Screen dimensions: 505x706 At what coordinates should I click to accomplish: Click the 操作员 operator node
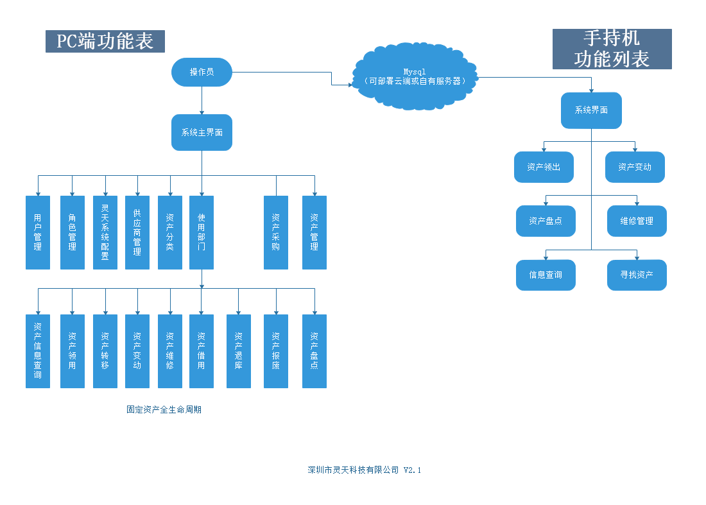click(202, 72)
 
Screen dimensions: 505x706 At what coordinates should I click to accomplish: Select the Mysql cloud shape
click(415, 76)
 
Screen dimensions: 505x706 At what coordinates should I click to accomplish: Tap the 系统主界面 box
click(202, 133)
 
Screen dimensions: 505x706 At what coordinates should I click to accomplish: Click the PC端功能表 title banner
click(105, 42)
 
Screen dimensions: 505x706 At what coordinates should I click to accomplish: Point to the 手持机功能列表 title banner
click(612, 49)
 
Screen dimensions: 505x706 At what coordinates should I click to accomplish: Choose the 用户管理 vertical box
click(38, 232)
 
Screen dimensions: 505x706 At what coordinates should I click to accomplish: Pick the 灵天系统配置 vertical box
click(105, 232)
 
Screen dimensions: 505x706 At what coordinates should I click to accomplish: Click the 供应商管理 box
click(137, 232)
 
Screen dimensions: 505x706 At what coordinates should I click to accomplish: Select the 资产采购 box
click(276, 232)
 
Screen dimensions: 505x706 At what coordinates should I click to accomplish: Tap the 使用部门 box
click(202, 232)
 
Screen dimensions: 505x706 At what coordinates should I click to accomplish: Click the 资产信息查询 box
click(38, 351)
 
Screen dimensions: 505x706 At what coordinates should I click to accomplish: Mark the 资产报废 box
click(276, 351)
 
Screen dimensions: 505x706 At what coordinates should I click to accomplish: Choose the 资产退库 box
click(239, 351)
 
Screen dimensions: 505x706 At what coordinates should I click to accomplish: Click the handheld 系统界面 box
click(591, 110)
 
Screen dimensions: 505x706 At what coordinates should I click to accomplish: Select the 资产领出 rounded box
click(544, 167)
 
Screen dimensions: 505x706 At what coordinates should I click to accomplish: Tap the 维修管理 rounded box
click(637, 221)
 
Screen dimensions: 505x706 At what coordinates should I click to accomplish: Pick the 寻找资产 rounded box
click(637, 275)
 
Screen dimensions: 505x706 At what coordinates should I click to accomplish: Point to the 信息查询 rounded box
click(546, 275)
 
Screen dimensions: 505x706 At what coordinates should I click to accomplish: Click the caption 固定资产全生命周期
click(164, 409)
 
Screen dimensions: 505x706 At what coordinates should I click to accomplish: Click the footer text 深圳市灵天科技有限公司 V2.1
click(364, 470)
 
